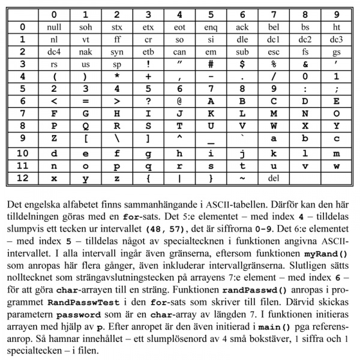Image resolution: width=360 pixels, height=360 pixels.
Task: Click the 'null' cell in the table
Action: [x=54, y=27]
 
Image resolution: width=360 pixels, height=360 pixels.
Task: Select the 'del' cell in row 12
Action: [x=274, y=178]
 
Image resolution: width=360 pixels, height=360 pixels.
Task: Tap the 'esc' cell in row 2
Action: [x=274, y=52]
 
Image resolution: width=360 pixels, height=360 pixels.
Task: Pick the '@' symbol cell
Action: [x=179, y=102]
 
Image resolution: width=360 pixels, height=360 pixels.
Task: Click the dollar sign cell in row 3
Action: [x=242, y=65]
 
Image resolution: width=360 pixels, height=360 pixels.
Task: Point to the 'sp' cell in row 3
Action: [x=117, y=65]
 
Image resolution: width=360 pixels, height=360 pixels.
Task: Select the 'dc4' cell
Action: [x=54, y=52]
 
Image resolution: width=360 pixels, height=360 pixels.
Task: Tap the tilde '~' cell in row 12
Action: [x=242, y=178]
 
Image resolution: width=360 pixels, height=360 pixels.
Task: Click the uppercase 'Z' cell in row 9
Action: [x=54, y=140]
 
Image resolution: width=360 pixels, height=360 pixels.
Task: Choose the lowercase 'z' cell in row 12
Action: [x=117, y=178]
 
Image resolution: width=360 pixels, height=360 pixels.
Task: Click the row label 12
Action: [x=22, y=178]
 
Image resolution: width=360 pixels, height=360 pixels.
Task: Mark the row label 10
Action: [x=22, y=152]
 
